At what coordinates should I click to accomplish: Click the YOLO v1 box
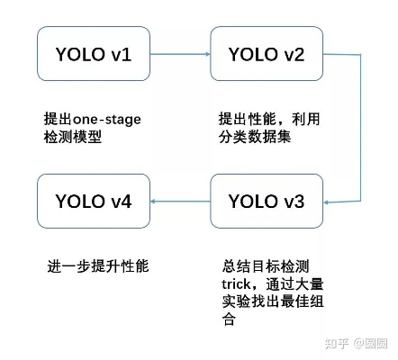[93, 54]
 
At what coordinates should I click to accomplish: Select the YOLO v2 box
[266, 54]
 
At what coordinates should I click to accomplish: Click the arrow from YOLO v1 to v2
[180, 54]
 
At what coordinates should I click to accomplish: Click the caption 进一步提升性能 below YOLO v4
[98, 266]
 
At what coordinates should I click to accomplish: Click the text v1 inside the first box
[120, 54]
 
